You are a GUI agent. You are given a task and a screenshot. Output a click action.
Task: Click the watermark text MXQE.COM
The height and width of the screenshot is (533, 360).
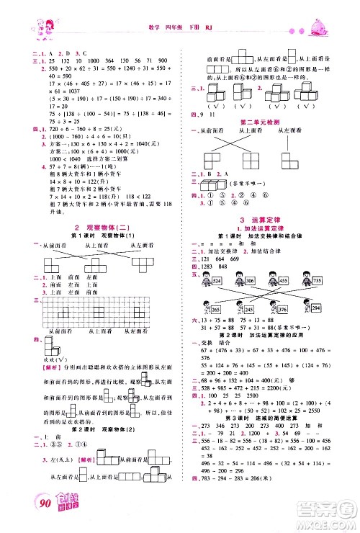pos(333,518)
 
